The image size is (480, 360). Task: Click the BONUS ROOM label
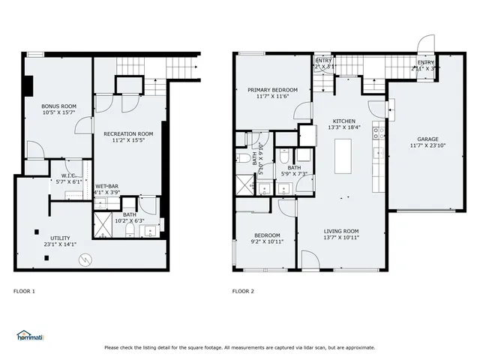point(58,106)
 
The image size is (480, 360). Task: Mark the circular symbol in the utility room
point(86,259)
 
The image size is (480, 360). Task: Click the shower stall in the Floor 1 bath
point(102,223)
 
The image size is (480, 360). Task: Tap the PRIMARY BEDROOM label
point(272,90)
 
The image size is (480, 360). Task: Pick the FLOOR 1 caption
point(24,291)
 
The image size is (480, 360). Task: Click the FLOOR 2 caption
point(243,291)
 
